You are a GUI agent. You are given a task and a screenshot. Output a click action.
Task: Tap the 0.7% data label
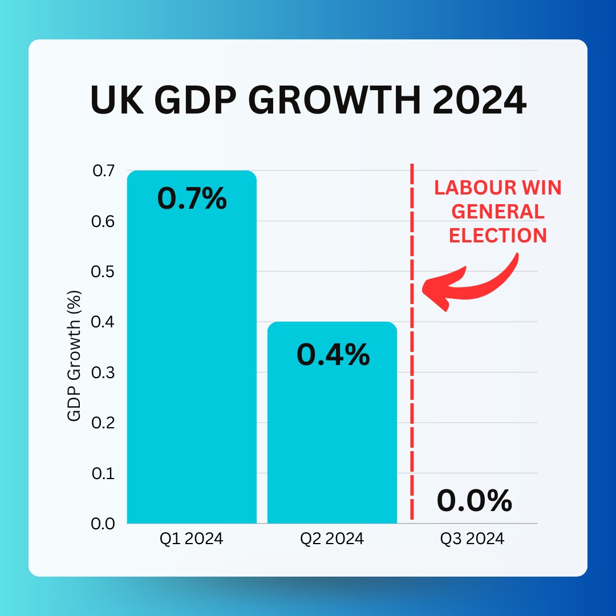(192, 199)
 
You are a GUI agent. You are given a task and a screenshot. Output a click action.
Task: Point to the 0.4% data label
(333, 355)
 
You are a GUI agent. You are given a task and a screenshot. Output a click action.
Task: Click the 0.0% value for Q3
(474, 501)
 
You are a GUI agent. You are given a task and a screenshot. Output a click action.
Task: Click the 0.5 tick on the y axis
(103, 271)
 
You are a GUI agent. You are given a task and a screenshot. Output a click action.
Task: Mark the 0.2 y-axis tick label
(103, 423)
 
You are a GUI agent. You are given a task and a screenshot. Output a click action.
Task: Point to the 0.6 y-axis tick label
(103, 221)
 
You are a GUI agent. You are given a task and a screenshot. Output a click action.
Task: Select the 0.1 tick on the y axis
(103, 473)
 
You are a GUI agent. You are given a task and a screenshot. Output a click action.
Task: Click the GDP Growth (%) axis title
(75, 356)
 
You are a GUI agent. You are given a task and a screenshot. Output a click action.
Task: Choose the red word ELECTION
(497, 235)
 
